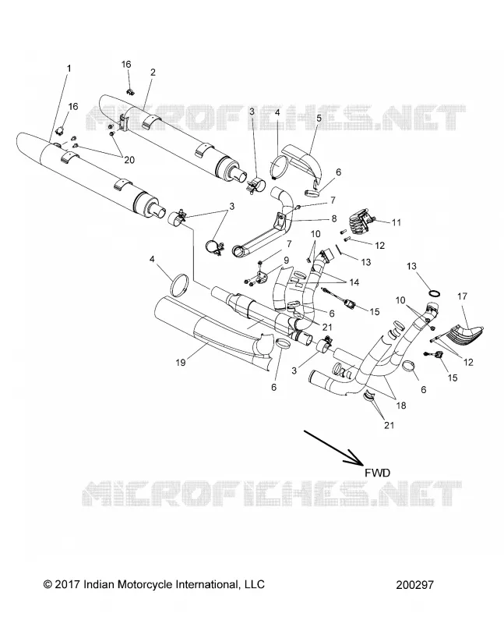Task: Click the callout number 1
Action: click(x=69, y=69)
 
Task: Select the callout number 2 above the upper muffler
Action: click(x=153, y=73)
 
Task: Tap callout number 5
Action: click(x=319, y=119)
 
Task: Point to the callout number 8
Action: click(x=334, y=218)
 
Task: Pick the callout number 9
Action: click(x=286, y=261)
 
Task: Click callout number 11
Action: click(x=396, y=223)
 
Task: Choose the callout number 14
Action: click(x=354, y=282)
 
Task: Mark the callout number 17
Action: click(x=462, y=296)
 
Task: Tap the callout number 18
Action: click(x=401, y=406)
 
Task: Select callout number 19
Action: click(x=181, y=363)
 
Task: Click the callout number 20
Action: click(x=129, y=160)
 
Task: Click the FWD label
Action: click(x=377, y=473)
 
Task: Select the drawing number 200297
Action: click(x=414, y=584)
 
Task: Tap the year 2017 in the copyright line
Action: click(x=67, y=584)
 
